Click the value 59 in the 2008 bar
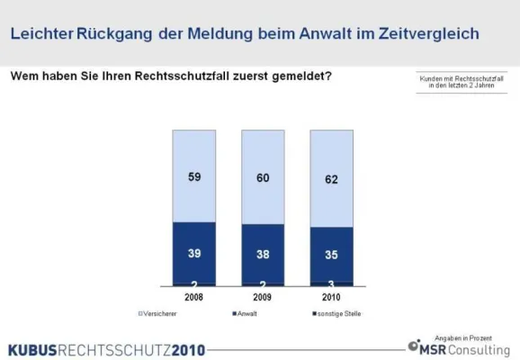(x=194, y=177)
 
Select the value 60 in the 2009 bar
(x=263, y=178)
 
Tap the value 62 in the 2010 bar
(x=332, y=181)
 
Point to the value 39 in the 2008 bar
(x=194, y=254)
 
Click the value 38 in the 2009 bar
(x=263, y=255)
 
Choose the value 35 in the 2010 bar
(x=332, y=255)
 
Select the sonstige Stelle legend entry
(x=335, y=313)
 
